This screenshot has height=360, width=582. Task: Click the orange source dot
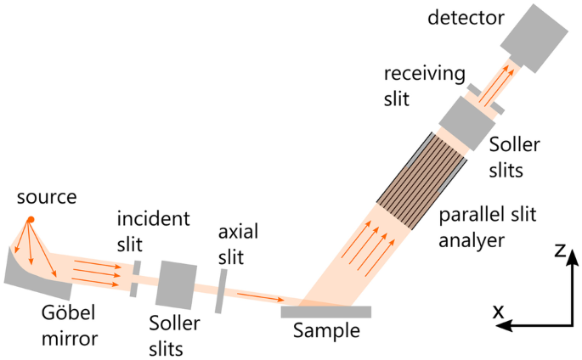30,221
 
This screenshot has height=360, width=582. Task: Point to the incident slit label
153,230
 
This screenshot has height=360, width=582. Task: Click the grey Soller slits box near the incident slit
177,283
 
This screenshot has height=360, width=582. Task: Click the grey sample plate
325,312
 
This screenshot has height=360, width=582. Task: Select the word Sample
325,331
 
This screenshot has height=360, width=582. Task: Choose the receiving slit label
412,87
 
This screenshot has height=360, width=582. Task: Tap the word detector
466,17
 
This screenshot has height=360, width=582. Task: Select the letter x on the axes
499,313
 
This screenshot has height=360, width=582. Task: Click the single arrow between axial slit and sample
260,296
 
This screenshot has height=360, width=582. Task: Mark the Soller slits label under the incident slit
175,335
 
